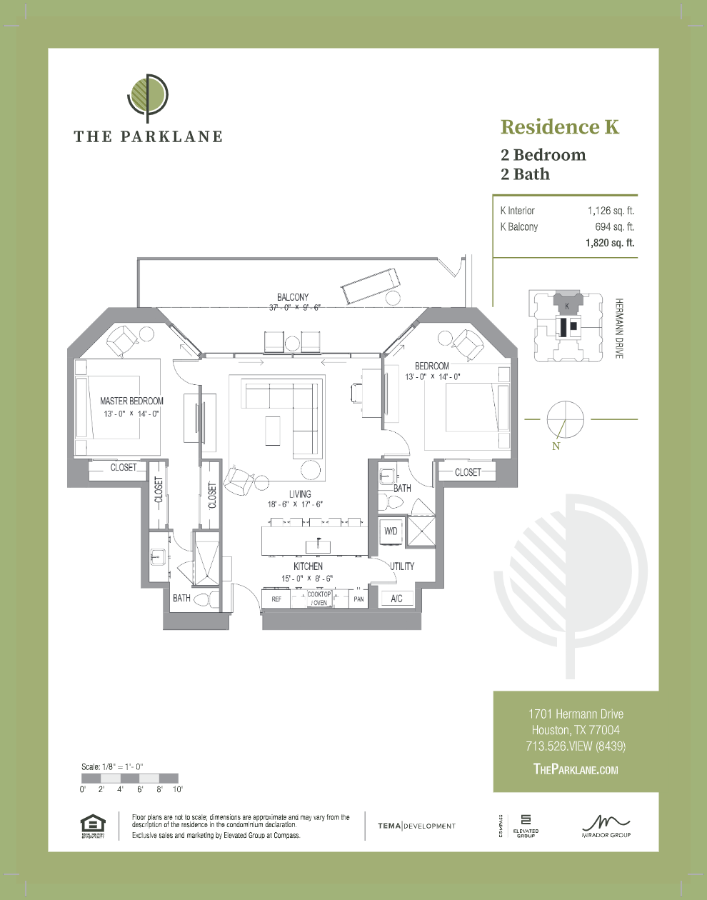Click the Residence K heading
pyautogui.click(x=559, y=127)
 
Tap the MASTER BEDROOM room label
pyautogui.click(x=131, y=401)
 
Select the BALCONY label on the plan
pyautogui.click(x=293, y=297)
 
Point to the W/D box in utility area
pyautogui.click(x=391, y=531)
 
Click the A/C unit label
pyautogui.click(x=397, y=599)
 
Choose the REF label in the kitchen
pyautogui.click(x=276, y=599)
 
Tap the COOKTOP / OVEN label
pyautogui.click(x=319, y=599)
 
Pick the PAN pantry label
pyautogui.click(x=358, y=599)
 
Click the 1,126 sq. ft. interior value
pyautogui.click(x=611, y=211)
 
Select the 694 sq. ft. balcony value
pyautogui.click(x=614, y=226)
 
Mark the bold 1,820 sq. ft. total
pyautogui.click(x=610, y=243)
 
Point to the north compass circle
pyautogui.click(x=565, y=419)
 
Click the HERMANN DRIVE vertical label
pyautogui.click(x=619, y=328)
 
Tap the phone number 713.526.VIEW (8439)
pyautogui.click(x=576, y=746)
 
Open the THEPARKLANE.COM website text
pyautogui.click(x=576, y=769)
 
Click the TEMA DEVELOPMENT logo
pyautogui.click(x=416, y=826)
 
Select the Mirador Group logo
pyautogui.click(x=606, y=826)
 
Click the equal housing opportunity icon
pyautogui.click(x=93, y=826)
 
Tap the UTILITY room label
pyautogui.click(x=402, y=566)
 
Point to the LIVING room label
pyautogui.click(x=300, y=494)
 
